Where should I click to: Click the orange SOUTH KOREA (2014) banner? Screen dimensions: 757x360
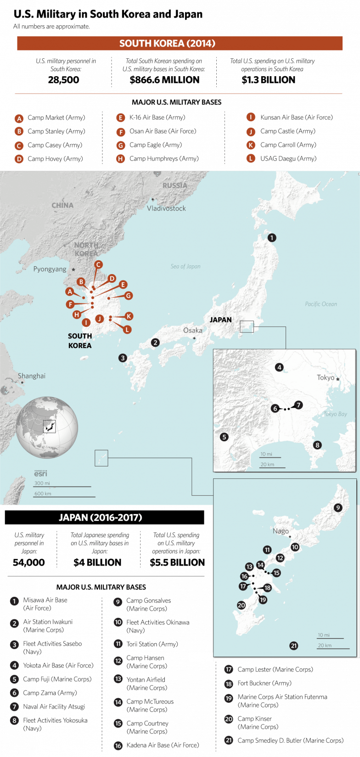180,44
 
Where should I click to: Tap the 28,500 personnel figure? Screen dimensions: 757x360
63,80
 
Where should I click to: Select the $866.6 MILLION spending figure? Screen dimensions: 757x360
164,80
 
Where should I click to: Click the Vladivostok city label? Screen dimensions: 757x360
166,208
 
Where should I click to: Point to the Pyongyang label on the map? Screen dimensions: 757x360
50,269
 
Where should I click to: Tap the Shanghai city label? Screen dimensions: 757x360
32,376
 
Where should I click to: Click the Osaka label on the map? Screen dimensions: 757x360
192,330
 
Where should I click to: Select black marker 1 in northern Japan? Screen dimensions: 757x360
272,238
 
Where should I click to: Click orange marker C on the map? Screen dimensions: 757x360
98,264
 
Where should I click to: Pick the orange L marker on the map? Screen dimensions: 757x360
127,329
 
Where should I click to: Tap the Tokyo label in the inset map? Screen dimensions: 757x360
326,377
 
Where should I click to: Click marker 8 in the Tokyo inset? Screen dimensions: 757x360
317,445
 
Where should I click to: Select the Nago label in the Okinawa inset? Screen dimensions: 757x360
281,531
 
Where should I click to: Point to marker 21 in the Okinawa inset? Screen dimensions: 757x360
294,646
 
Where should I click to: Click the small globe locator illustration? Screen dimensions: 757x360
47,428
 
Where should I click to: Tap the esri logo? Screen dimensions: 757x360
40,473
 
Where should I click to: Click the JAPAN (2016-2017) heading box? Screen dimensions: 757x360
104,517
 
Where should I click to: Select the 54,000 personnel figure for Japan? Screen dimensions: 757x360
29,562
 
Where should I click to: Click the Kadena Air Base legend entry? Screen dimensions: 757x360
163,745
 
